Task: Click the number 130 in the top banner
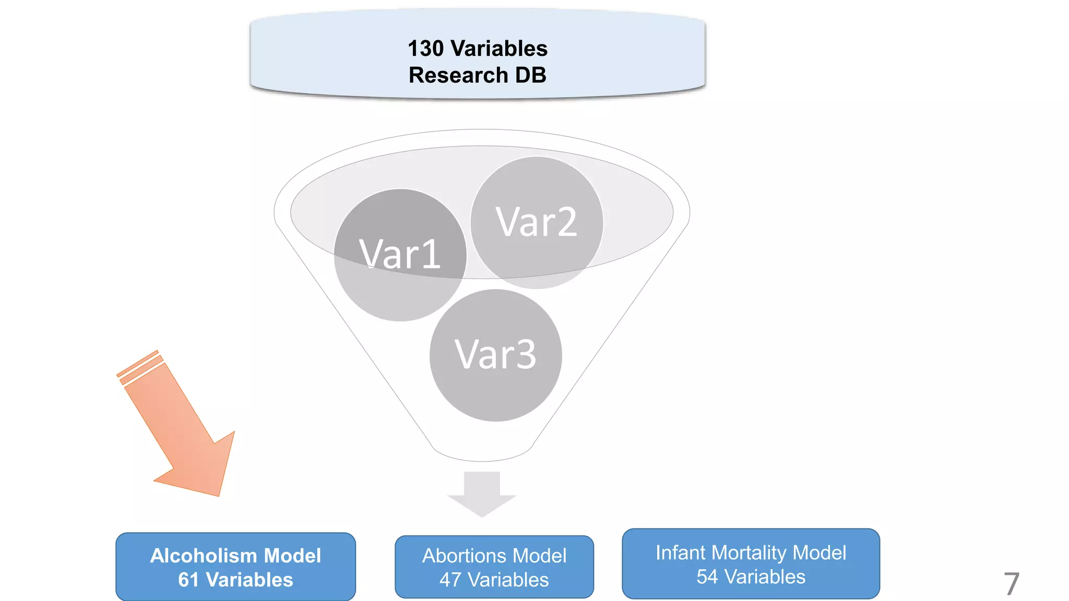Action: coord(425,49)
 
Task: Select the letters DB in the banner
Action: coord(531,75)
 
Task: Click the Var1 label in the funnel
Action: coord(400,254)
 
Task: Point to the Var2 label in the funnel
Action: coord(537,222)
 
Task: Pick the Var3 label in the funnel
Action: coord(495,355)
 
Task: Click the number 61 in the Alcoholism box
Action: coord(188,580)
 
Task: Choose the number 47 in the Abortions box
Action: coord(450,580)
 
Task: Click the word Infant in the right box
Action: coord(680,552)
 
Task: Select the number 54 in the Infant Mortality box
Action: coord(707,577)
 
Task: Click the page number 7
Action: coord(1011,584)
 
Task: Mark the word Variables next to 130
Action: coord(499,49)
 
